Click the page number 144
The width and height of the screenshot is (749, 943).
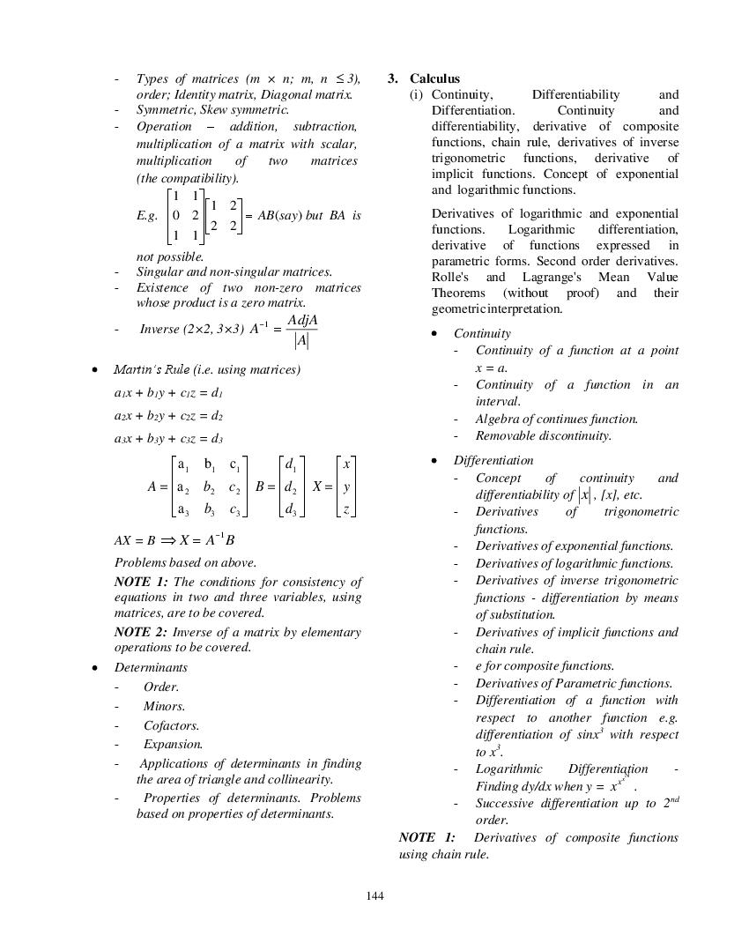point(374,896)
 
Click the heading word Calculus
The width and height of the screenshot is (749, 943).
point(434,78)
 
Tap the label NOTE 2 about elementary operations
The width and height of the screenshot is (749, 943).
point(140,632)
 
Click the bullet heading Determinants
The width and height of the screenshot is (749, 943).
point(151,667)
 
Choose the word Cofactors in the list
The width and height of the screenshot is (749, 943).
point(171,725)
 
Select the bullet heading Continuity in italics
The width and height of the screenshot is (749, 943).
point(482,333)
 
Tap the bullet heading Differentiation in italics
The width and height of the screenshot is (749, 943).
point(493,460)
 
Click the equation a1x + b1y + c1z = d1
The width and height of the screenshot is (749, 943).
point(168,393)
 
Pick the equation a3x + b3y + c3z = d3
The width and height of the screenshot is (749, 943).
point(168,438)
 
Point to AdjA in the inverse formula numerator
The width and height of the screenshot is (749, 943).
point(302,320)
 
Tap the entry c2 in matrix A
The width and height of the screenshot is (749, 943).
point(234,487)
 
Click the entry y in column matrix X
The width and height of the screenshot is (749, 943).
point(347,486)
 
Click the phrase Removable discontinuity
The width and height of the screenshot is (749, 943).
point(543,435)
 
